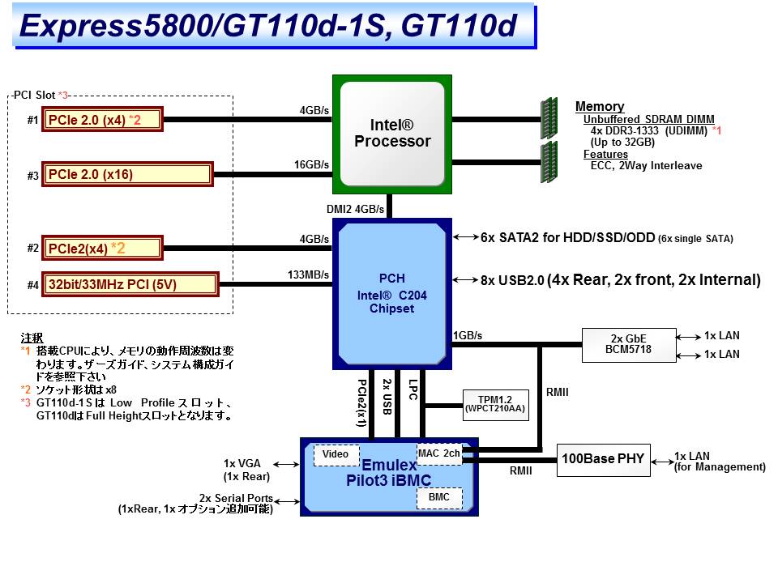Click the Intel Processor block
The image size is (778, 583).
point(392,134)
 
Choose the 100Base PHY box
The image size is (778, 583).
point(602,459)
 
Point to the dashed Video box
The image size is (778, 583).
point(336,454)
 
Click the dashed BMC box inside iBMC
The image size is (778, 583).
point(439,497)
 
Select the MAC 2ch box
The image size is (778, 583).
point(438,453)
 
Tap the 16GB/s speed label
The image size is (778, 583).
point(312,164)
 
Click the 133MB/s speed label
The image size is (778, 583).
point(309,274)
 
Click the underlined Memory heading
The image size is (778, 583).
point(600,106)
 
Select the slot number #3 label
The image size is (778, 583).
point(32,175)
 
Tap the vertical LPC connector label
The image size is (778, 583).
point(413,392)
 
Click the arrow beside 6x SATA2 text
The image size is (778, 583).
point(467,237)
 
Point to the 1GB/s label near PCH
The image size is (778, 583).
point(468,335)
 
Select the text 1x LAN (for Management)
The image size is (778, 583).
point(720,461)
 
